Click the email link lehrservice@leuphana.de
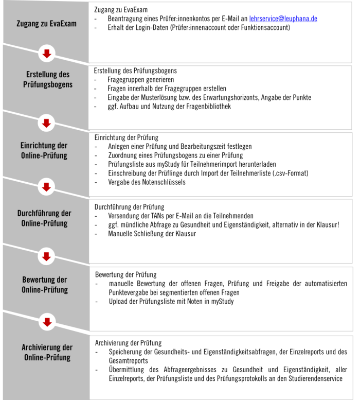click(x=283, y=19)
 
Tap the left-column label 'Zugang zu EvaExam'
click(x=46, y=24)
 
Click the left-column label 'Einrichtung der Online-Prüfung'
click(x=47, y=150)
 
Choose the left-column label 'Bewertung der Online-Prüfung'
click(x=45, y=285)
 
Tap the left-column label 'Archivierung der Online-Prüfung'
click(x=47, y=352)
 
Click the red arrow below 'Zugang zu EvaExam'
click(x=47, y=53)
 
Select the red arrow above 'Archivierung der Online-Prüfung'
click(x=47, y=322)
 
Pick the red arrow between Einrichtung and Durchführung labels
click(x=47, y=187)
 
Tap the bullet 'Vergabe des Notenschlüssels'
click(x=147, y=182)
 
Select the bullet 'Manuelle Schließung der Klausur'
click(x=152, y=233)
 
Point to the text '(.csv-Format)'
click(x=290, y=173)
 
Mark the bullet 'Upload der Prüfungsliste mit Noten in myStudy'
click(x=171, y=301)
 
